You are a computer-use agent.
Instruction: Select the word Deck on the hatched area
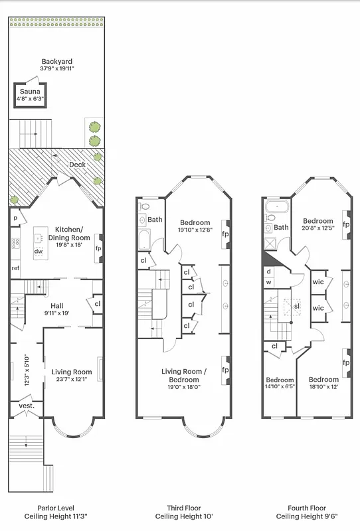(x=77, y=165)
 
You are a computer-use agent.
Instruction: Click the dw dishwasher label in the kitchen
(x=39, y=251)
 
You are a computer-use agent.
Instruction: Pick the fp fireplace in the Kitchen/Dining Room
(x=98, y=248)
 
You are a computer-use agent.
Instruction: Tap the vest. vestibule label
(x=26, y=406)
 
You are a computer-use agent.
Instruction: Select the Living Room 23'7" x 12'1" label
(x=72, y=376)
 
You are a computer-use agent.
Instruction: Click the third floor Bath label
(x=155, y=220)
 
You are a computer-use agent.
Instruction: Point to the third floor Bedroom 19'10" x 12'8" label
(x=194, y=226)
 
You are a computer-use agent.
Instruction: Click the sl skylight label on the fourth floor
(x=296, y=306)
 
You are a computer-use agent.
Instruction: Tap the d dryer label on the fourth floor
(x=268, y=271)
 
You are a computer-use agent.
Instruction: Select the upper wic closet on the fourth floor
(x=317, y=279)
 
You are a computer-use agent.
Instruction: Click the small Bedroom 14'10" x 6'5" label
(x=280, y=383)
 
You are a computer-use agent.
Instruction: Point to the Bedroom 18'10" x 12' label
(x=323, y=383)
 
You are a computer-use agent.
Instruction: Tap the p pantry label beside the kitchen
(x=15, y=218)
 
